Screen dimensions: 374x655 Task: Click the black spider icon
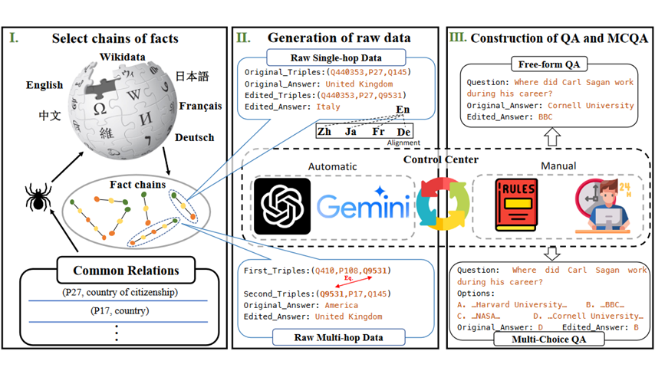38,198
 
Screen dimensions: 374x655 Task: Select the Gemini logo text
363,208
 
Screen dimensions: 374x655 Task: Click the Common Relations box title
114,271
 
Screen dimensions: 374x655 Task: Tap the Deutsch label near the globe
193,138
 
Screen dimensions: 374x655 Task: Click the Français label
200,107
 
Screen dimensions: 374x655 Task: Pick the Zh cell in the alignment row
324,132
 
